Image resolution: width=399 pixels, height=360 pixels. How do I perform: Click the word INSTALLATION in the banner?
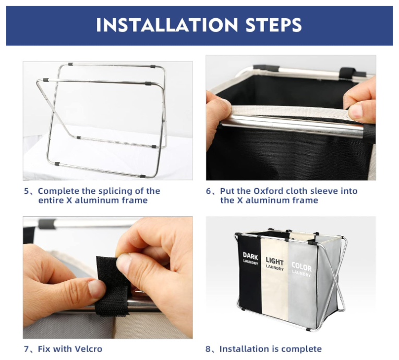coord(167,25)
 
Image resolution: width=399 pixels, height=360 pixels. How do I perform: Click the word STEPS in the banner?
coord(273,25)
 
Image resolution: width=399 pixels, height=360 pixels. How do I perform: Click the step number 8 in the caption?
coord(208,349)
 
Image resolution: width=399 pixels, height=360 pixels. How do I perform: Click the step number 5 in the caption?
coord(26,191)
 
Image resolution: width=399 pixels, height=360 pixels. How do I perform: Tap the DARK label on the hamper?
coord(250,256)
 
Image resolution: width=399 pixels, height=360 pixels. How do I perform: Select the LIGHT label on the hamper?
coord(274,261)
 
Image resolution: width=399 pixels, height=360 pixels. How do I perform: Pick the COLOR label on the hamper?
coord(301,267)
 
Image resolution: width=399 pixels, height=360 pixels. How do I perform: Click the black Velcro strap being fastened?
coord(112,286)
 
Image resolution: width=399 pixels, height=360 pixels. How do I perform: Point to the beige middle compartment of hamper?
coord(274,280)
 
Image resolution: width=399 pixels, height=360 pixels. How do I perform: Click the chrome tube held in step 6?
coord(293,125)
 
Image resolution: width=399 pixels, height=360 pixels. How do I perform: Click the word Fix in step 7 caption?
coord(44,349)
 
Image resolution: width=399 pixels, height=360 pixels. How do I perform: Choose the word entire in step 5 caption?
coord(51,201)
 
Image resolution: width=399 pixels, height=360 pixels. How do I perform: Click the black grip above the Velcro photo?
coord(47,224)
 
